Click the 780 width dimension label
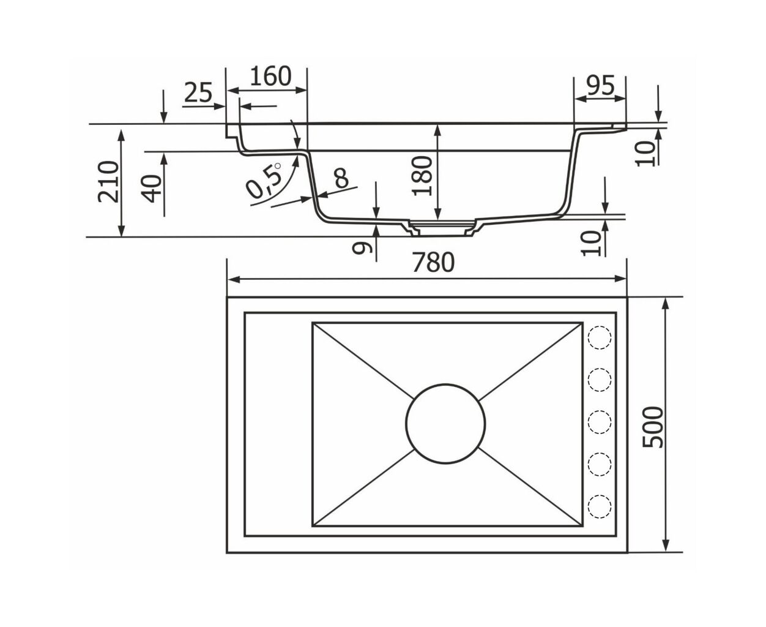pyautogui.click(x=433, y=263)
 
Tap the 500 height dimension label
pyautogui.click(x=653, y=427)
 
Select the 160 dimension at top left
pyautogui.click(x=270, y=76)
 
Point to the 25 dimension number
pyautogui.click(x=198, y=92)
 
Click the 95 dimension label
pyautogui.click(x=601, y=86)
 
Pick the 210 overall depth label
pyautogui.click(x=108, y=182)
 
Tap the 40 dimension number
pyautogui.click(x=152, y=189)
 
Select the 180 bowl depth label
pyautogui.click(x=423, y=176)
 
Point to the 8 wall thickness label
pyautogui.click(x=341, y=178)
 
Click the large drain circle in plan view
pyautogui.click(x=445, y=424)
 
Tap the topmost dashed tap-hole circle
pyautogui.click(x=600, y=337)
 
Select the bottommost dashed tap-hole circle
pyautogui.click(x=600, y=506)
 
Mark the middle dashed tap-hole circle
pyautogui.click(x=600, y=422)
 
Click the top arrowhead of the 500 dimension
pyautogui.click(x=666, y=304)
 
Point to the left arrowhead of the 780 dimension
pyautogui.click(x=234, y=279)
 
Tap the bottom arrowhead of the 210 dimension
pyautogui.click(x=122, y=230)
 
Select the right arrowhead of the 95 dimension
pyautogui.click(x=620, y=99)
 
